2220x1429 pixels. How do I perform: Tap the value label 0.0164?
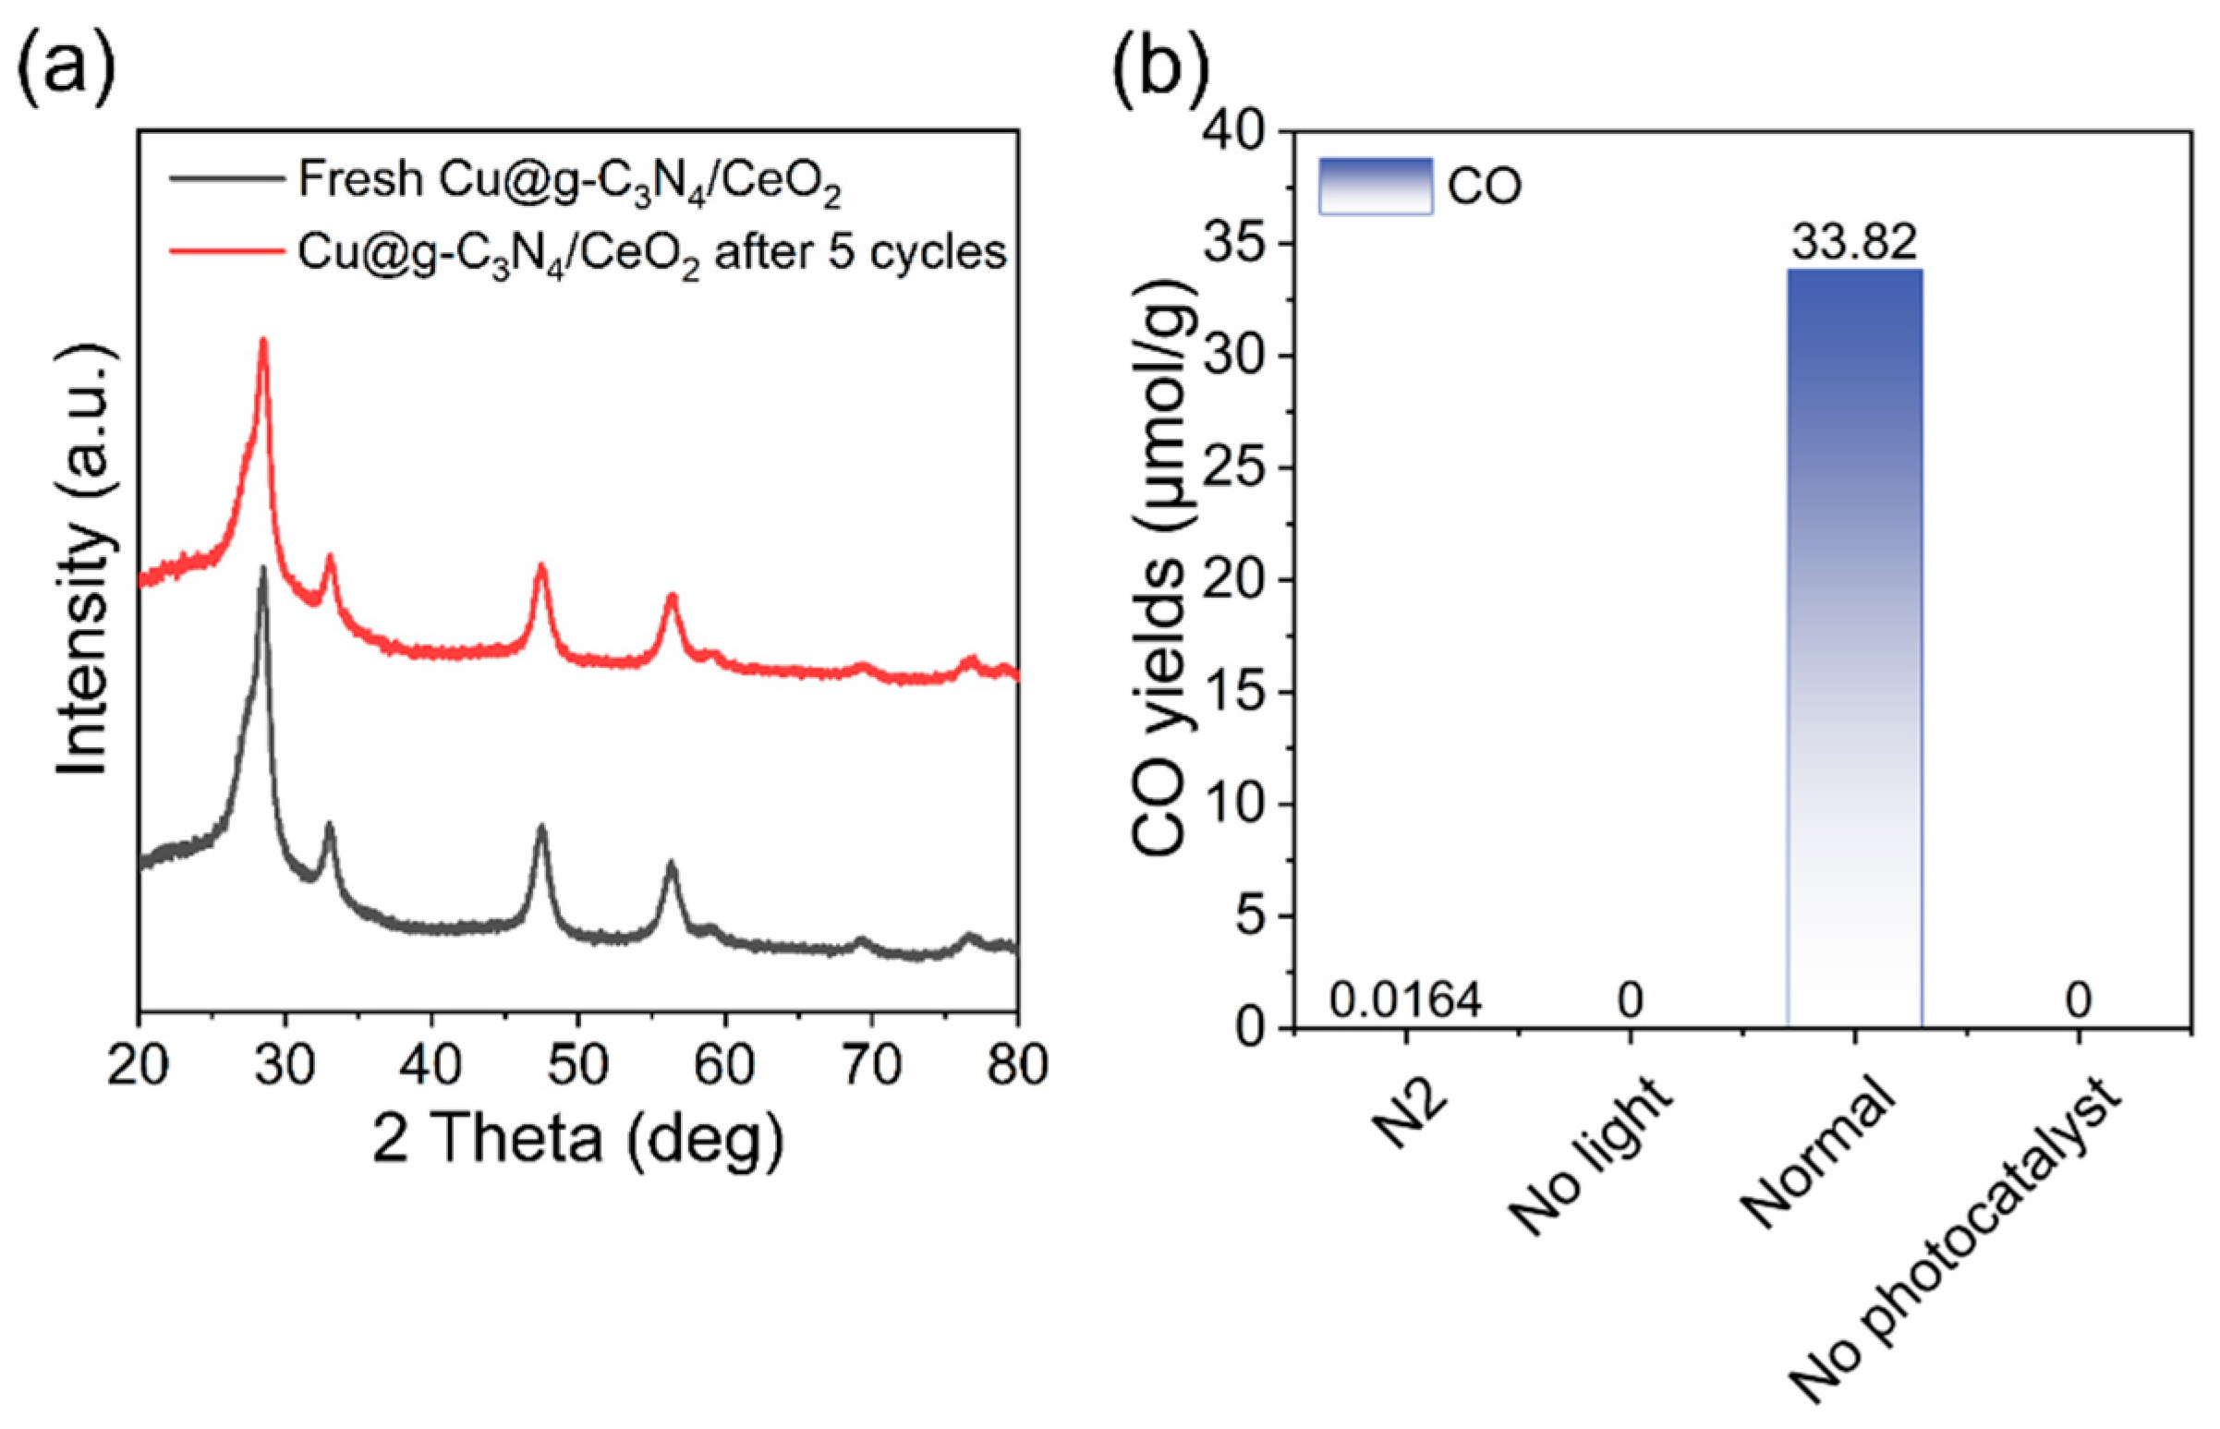click(x=1405, y=999)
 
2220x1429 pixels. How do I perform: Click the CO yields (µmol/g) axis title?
click(x=1159, y=580)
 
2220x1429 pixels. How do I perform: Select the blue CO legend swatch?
click(x=1375, y=187)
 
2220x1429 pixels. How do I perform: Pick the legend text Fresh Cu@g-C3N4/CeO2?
click(x=569, y=180)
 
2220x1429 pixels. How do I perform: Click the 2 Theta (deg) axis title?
click(x=577, y=1139)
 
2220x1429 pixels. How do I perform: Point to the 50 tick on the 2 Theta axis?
click(x=577, y=1065)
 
